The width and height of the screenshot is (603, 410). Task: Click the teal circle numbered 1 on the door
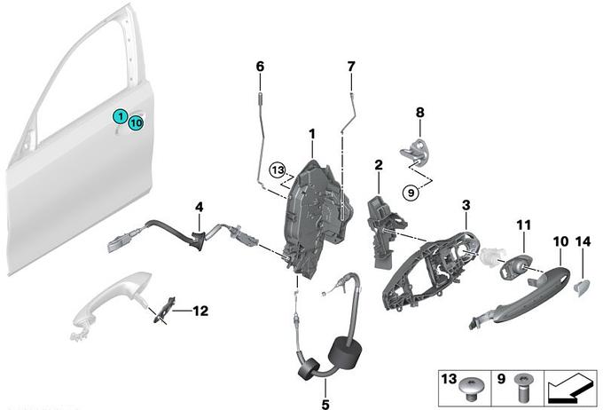pos(118,116)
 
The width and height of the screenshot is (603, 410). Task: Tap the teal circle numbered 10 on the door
pos(135,123)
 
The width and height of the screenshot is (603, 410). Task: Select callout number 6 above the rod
pos(260,67)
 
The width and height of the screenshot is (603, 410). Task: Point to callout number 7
pos(350,67)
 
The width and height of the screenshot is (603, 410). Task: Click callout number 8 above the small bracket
pos(420,113)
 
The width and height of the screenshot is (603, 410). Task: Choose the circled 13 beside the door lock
pos(278,168)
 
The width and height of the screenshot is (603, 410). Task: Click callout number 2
pos(378,165)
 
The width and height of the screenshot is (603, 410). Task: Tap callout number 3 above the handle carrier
pos(466,206)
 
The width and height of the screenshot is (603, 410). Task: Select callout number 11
pos(523,225)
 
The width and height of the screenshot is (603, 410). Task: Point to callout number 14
pos(583,241)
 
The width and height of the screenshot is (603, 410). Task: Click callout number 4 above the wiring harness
pos(200,207)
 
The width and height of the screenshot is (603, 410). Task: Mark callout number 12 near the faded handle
pos(200,311)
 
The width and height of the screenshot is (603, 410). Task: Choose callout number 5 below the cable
pos(325,390)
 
